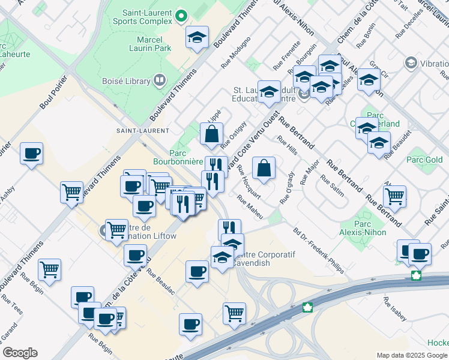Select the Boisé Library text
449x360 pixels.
(127, 80)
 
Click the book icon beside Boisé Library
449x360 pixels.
(160, 80)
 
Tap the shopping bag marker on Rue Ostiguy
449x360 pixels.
(212, 134)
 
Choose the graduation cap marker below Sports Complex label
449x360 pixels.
(197, 38)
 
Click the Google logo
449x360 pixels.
(20, 353)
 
